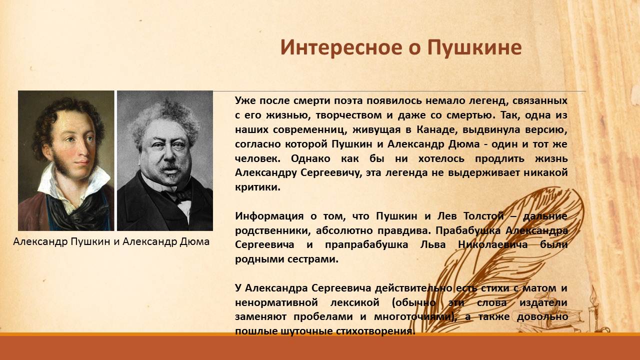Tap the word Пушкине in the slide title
tap(474, 47)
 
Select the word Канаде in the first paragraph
tap(435, 129)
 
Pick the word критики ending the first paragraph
tap(257, 187)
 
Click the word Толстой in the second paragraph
tap(483, 216)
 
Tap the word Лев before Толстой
tap(447, 216)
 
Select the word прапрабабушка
tap(366, 245)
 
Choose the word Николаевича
tap(493, 245)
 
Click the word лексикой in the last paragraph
tap(354, 302)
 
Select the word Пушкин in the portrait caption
tap(90, 242)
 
